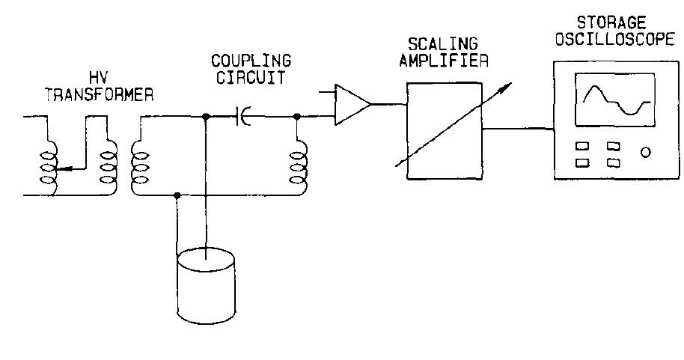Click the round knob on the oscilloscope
[645, 153]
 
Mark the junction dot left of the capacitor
[205, 116]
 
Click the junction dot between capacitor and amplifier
[298, 116]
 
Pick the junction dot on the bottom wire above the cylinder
[177, 196]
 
